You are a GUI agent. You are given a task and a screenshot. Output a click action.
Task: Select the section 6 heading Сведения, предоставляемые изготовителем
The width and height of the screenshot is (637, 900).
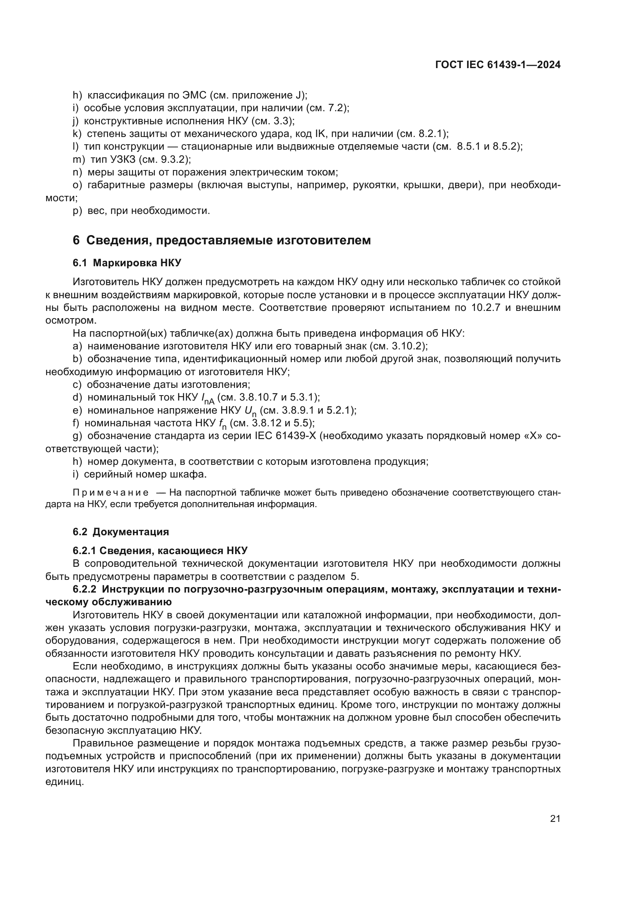pyautogui.click(x=221, y=240)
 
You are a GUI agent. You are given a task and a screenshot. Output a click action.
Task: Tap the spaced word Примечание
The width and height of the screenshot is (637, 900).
pyautogui.click(x=111, y=493)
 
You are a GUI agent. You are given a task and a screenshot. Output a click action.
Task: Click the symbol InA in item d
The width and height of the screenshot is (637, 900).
pyautogui.click(x=208, y=399)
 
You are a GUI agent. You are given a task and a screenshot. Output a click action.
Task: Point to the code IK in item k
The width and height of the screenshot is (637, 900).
pyautogui.click(x=320, y=134)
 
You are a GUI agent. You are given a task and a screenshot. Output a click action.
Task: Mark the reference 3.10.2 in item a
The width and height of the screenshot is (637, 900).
pyautogui.click(x=407, y=346)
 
